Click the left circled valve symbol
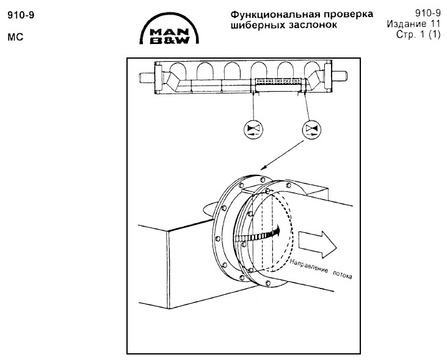pos(252,129)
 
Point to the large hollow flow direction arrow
pos(318,243)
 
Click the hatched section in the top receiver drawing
pos(277,81)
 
